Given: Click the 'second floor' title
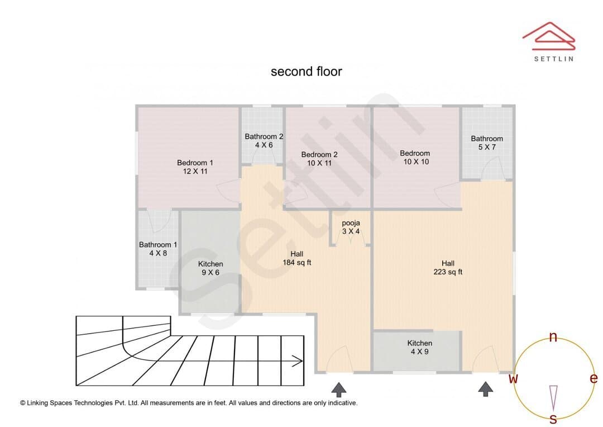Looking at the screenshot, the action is point(306,72).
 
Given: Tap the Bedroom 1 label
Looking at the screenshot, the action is point(195,163).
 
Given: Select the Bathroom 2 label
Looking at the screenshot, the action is point(264,136).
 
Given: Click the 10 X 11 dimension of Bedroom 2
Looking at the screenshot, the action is point(319,163).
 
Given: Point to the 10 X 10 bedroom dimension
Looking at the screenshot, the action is point(416,162).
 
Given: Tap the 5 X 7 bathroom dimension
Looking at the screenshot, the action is point(487,147).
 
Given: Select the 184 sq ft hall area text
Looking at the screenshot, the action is point(297,263).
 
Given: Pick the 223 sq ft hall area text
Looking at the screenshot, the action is point(448,272).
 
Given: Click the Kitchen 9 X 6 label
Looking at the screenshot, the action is point(210,268).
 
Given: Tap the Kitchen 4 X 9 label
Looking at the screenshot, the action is point(419,347).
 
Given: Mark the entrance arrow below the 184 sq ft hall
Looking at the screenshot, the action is point(339,390).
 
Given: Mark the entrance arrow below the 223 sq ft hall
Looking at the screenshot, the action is point(486,389).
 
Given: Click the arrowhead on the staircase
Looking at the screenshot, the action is point(297,361).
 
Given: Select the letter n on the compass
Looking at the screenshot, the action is point(553,337).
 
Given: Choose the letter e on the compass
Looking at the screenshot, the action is point(594,378).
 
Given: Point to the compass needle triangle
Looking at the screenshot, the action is point(553,397).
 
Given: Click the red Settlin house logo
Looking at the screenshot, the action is point(549,36).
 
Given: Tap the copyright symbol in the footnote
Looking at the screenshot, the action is point(23,403).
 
